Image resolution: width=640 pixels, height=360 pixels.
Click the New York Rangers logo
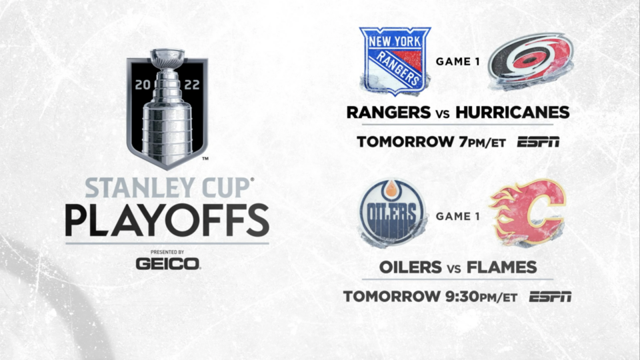pos(395,61)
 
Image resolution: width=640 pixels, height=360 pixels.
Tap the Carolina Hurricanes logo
pos(531,61)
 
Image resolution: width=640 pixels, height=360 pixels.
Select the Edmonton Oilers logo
pos(392,213)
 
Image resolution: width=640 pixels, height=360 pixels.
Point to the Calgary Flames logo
pos(527,213)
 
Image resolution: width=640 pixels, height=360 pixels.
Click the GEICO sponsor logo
pos(168,264)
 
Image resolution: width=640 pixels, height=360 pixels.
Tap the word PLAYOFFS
pos(167,221)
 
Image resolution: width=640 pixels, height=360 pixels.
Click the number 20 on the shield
pos(143,85)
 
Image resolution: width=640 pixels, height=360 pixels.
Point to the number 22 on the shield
pos(192,85)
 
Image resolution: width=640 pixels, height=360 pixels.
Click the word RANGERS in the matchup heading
pos(389,112)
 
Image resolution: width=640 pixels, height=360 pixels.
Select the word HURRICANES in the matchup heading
pos(512,112)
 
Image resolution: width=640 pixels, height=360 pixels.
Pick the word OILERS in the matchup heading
pos(411,267)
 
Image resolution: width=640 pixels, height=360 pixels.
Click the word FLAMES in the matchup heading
pos(501,267)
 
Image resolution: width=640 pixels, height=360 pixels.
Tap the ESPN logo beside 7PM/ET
pos(539,142)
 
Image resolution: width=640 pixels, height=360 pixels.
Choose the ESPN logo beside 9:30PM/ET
pos(550,297)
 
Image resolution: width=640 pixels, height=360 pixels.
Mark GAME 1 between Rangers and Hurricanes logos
pos(457,61)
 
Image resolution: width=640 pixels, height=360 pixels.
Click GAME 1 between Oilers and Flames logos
pos(457,216)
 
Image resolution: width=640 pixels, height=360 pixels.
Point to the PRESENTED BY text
pos(167,252)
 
